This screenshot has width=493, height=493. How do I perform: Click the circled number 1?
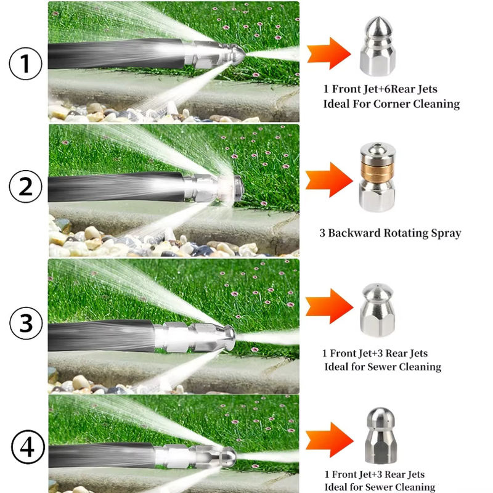(25, 63)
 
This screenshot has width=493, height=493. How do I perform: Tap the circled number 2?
(25, 187)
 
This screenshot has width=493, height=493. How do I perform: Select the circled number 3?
(26, 323)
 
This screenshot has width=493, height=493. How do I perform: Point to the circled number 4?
(28, 447)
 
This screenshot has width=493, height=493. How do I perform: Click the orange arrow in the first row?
(328, 53)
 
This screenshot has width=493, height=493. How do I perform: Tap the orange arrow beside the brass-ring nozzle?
(329, 180)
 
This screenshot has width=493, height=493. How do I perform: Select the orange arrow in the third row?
(329, 306)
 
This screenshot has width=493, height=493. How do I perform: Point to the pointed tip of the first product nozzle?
(377, 17)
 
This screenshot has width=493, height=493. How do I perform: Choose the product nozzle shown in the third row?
(377, 309)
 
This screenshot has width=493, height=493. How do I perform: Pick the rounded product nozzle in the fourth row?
(380, 435)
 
